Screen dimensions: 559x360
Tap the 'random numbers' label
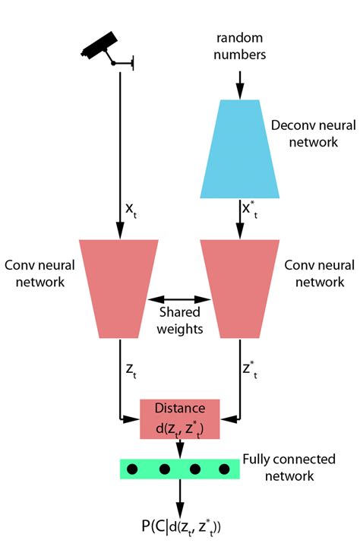pyautogui.click(x=239, y=47)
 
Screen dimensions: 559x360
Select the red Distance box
pyautogui.click(x=180, y=418)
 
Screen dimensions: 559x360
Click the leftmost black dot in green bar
pyautogui.click(x=131, y=469)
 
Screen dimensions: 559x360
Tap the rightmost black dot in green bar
pyautogui.click(x=225, y=469)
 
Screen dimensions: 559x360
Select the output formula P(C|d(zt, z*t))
pyautogui.click(x=180, y=527)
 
